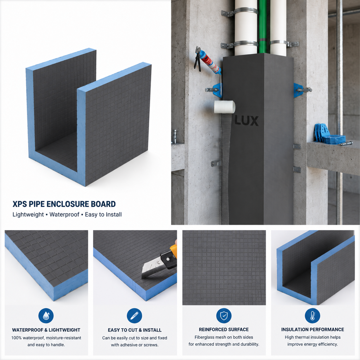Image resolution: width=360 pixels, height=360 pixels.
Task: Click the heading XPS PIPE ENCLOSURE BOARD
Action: (64, 204)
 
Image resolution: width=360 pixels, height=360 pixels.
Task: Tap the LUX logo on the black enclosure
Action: (247, 121)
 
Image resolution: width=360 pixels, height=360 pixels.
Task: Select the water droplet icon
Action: (46, 316)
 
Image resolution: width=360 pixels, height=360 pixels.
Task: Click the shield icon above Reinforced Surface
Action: (224, 316)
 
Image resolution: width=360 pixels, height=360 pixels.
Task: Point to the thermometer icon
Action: (312, 316)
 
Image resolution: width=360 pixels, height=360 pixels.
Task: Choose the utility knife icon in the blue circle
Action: (134, 316)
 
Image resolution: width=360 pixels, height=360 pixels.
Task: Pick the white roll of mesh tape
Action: (224, 107)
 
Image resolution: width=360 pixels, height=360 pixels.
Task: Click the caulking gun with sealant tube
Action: (207, 61)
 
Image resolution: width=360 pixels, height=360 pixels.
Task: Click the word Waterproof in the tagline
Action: (64, 214)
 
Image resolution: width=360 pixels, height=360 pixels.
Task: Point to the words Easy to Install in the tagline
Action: (103, 214)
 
